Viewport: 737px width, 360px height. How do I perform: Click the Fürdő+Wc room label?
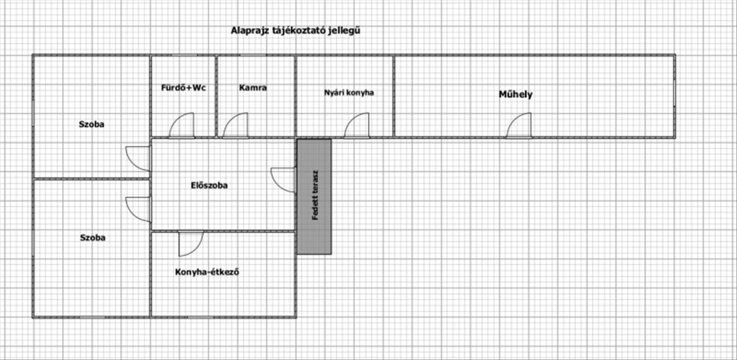(x=183, y=88)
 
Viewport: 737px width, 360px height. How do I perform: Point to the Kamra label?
(x=252, y=88)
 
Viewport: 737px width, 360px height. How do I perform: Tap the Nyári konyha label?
(x=349, y=93)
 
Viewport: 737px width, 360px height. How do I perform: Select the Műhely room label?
(x=515, y=95)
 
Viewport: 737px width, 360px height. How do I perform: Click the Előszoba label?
(x=209, y=186)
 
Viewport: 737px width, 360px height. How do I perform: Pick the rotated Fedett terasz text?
(x=315, y=195)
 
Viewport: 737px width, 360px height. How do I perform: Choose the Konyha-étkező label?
(x=207, y=272)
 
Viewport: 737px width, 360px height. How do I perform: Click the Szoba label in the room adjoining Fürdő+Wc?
(x=92, y=124)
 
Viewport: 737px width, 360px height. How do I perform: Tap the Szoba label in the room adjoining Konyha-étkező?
(x=93, y=238)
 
